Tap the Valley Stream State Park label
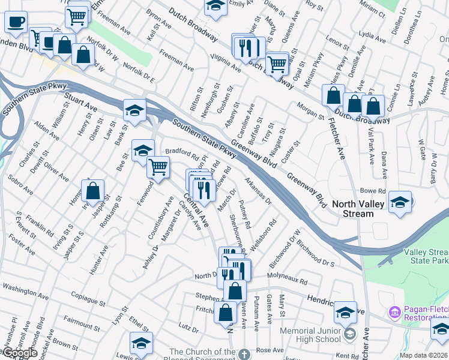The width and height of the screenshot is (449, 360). click(x=427, y=256)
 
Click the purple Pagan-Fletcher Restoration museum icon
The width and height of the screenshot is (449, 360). click(x=394, y=312)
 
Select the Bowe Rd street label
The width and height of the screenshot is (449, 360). click(x=372, y=191)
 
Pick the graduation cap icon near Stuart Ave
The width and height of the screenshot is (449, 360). click(x=135, y=110)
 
